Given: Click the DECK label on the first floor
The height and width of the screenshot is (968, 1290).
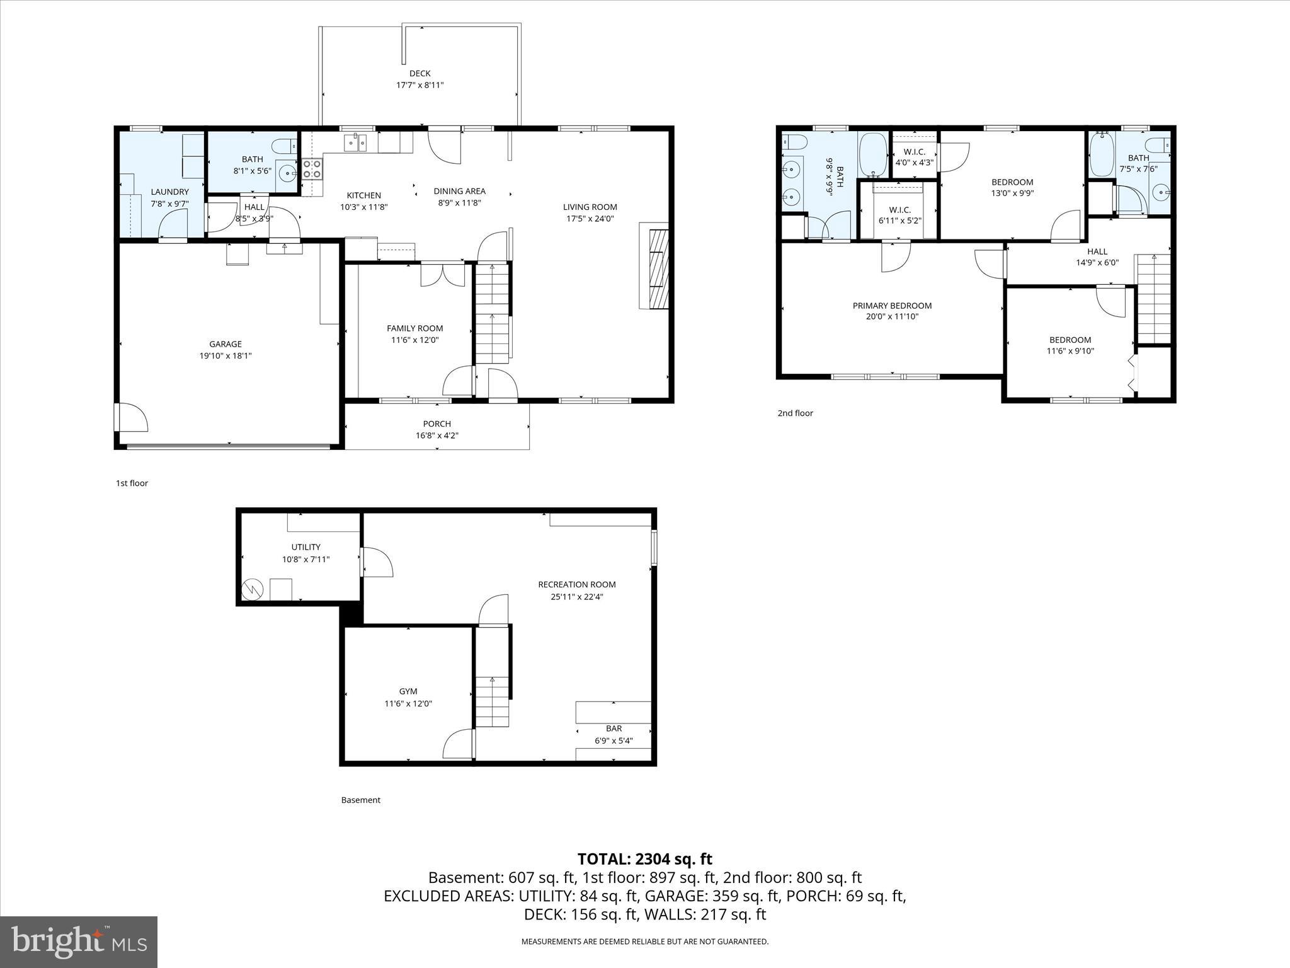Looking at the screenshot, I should [420, 74].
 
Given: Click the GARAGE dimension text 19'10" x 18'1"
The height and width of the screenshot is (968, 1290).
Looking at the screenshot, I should [225, 355].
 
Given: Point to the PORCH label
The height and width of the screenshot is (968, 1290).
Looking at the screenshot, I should [437, 424].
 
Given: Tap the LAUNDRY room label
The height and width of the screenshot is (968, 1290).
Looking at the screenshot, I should [169, 192].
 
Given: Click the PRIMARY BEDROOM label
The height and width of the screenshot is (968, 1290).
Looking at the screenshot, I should [892, 306].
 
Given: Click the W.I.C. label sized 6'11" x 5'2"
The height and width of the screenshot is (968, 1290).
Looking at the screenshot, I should [899, 210].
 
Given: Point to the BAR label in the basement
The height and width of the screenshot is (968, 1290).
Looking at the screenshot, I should [614, 729].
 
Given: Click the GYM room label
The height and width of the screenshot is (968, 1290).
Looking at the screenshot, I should [408, 691].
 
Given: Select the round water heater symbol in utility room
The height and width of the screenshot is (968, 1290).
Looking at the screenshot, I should [253, 589].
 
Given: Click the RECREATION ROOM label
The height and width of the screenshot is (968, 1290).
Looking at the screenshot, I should [576, 585].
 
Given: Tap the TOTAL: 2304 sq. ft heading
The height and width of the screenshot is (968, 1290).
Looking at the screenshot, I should [644, 859].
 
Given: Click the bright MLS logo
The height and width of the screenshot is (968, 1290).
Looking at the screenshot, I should [79, 942].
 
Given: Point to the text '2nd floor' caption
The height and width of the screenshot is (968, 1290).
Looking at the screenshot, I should [795, 413].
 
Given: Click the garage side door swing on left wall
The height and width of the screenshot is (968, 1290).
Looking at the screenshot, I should [131, 417].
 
